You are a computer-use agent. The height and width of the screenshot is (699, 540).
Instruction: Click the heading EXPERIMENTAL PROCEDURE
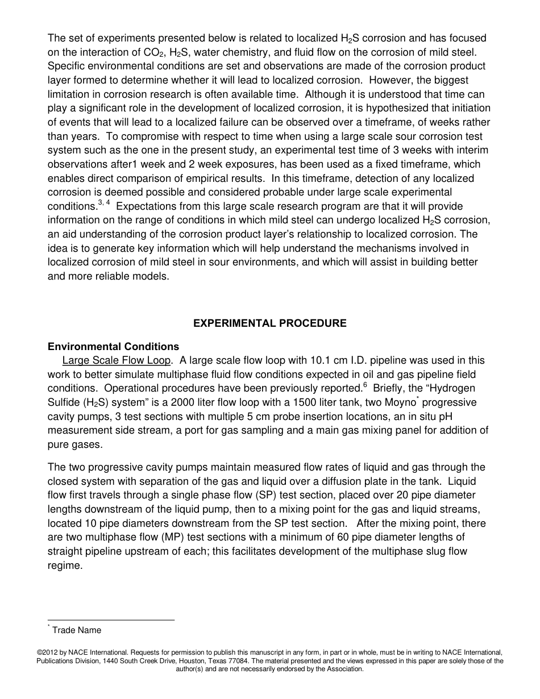coord(269,323)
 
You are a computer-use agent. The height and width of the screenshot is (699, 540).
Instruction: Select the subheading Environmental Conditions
coord(113,347)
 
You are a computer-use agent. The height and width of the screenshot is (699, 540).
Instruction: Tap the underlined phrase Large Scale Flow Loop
coord(116,360)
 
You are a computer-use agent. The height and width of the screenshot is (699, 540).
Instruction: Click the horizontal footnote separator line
coord(111,620)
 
